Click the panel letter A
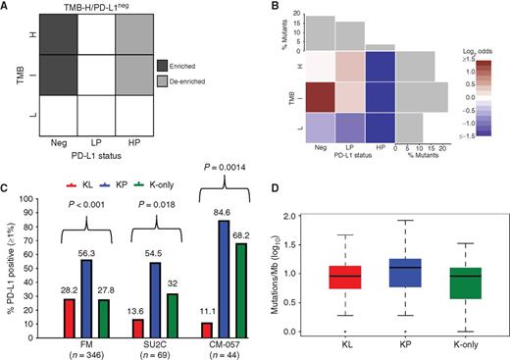click(x=7, y=8)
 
